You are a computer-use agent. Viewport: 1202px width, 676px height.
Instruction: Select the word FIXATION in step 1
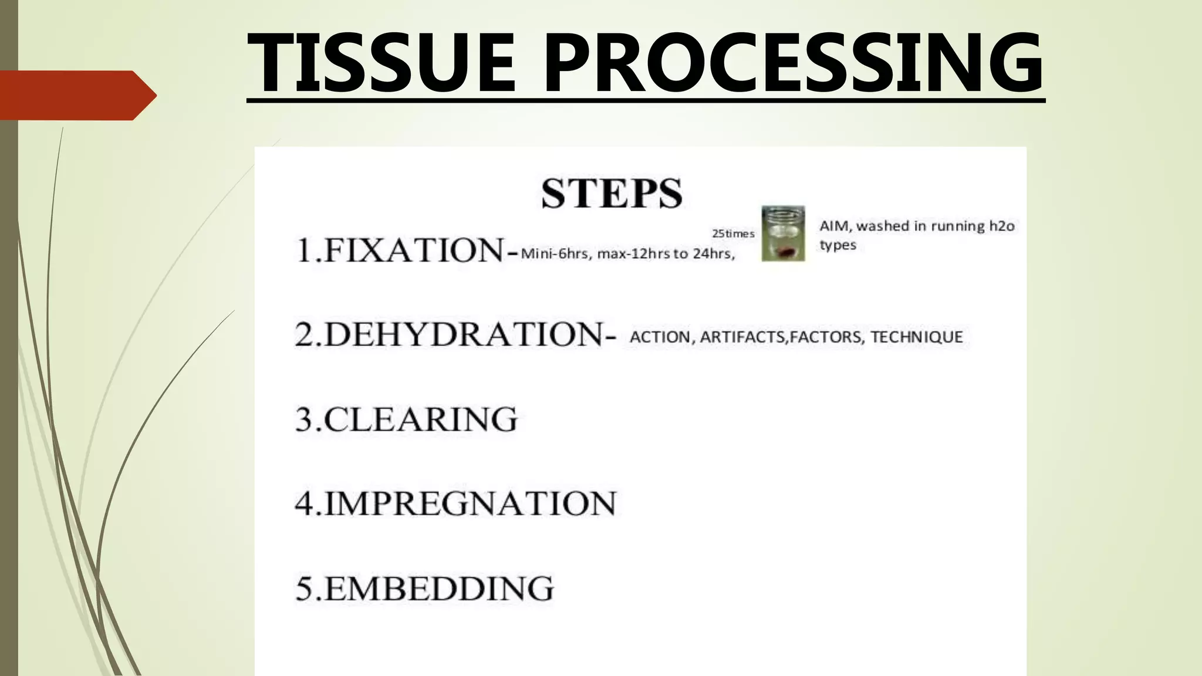(413, 251)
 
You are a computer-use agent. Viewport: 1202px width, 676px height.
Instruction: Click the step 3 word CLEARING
(420, 420)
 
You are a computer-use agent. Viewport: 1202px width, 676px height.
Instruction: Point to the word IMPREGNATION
(470, 503)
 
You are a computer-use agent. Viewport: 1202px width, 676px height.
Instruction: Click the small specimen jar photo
(783, 233)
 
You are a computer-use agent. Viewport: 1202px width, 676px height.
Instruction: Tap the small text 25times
(733, 234)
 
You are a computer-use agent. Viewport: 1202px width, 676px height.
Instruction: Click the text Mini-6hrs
(555, 254)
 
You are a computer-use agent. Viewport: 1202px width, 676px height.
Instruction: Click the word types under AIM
(838, 245)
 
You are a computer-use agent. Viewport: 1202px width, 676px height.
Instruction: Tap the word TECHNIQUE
(917, 337)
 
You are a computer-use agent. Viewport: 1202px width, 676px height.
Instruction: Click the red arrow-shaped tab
(76, 95)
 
